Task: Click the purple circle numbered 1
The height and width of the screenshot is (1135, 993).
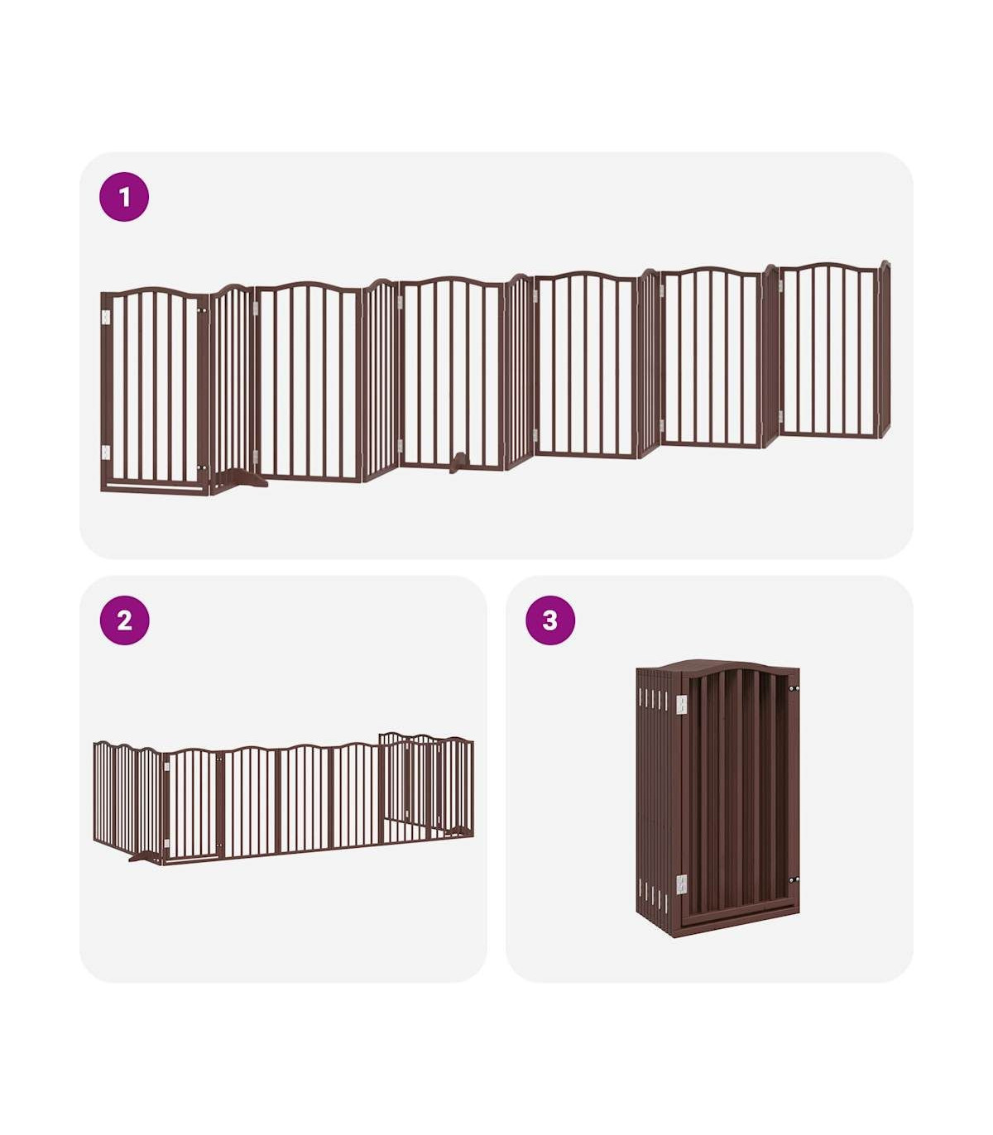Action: point(123,197)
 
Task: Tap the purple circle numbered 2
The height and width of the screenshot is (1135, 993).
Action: point(124,620)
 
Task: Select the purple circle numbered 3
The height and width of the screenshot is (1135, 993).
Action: point(549,620)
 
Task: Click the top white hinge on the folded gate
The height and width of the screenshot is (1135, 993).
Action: point(681,705)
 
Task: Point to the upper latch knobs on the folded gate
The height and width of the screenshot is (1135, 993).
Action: point(794,688)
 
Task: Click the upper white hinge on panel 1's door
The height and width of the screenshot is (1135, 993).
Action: point(105,317)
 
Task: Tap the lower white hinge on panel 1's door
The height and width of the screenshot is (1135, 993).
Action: point(105,453)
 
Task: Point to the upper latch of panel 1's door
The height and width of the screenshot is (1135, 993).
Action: point(201,310)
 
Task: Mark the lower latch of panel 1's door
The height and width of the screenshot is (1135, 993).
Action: point(201,468)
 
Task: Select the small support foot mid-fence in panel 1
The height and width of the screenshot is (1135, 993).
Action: point(459,462)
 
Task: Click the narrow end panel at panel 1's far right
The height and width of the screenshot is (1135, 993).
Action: point(885,348)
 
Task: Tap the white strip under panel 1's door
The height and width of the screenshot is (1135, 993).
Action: point(154,486)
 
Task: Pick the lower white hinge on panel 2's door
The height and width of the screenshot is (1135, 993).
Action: point(165,843)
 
